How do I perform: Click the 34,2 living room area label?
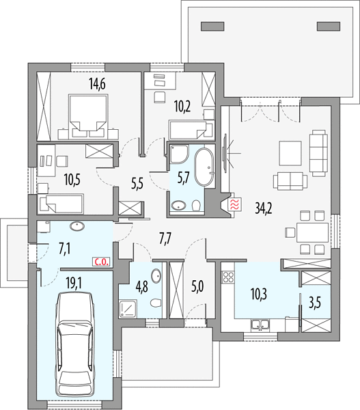pos(264,208)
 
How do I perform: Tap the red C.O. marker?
pos(101,262)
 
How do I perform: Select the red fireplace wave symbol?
pos(234,204)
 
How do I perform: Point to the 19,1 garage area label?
pos(74,283)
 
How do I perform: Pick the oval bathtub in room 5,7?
pos(205,167)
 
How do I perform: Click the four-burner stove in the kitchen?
pos(227,277)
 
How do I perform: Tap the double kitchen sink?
pos(260,325)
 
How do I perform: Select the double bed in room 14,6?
pos(88,116)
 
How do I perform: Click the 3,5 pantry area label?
pos(315,303)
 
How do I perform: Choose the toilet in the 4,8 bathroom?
pos(155,303)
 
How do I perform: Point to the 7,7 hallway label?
pos(166,240)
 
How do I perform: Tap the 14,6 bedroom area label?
pos(97,84)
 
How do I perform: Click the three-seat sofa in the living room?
pos(318,153)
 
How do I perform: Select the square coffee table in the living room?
pos(290,153)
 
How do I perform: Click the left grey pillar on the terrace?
pos(212,27)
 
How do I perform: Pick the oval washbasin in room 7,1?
pos(77,226)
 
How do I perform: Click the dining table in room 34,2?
pos(312,232)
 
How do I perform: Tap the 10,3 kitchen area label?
pos(259,295)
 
